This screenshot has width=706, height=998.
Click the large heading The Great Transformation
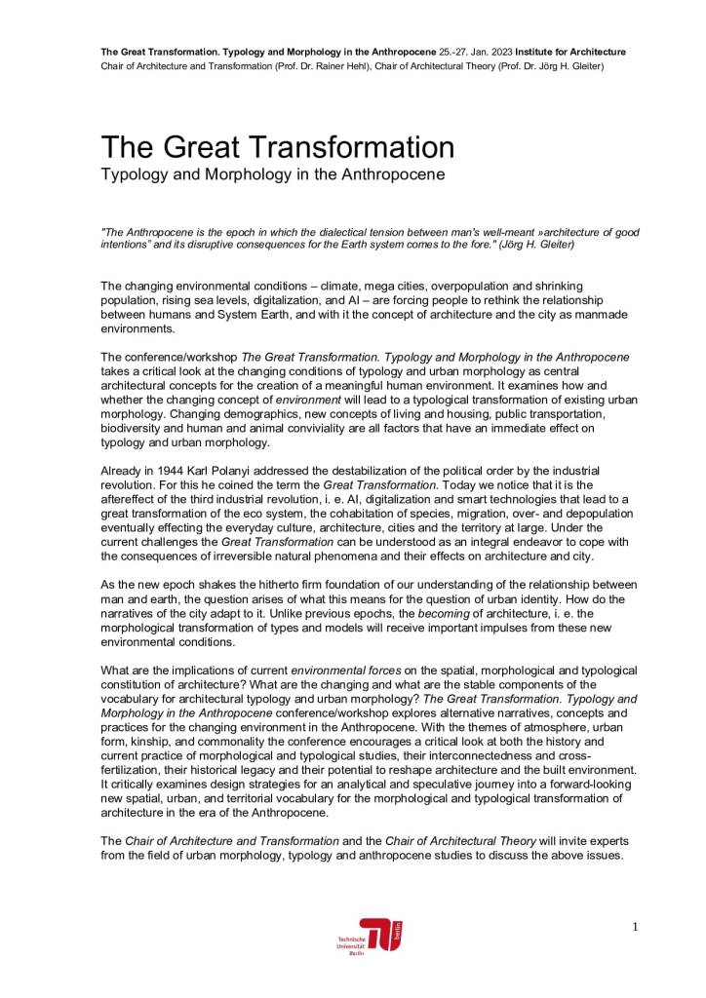coord(278,147)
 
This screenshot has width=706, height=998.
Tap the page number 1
coord(634,927)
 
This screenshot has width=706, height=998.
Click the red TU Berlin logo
coord(380,935)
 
